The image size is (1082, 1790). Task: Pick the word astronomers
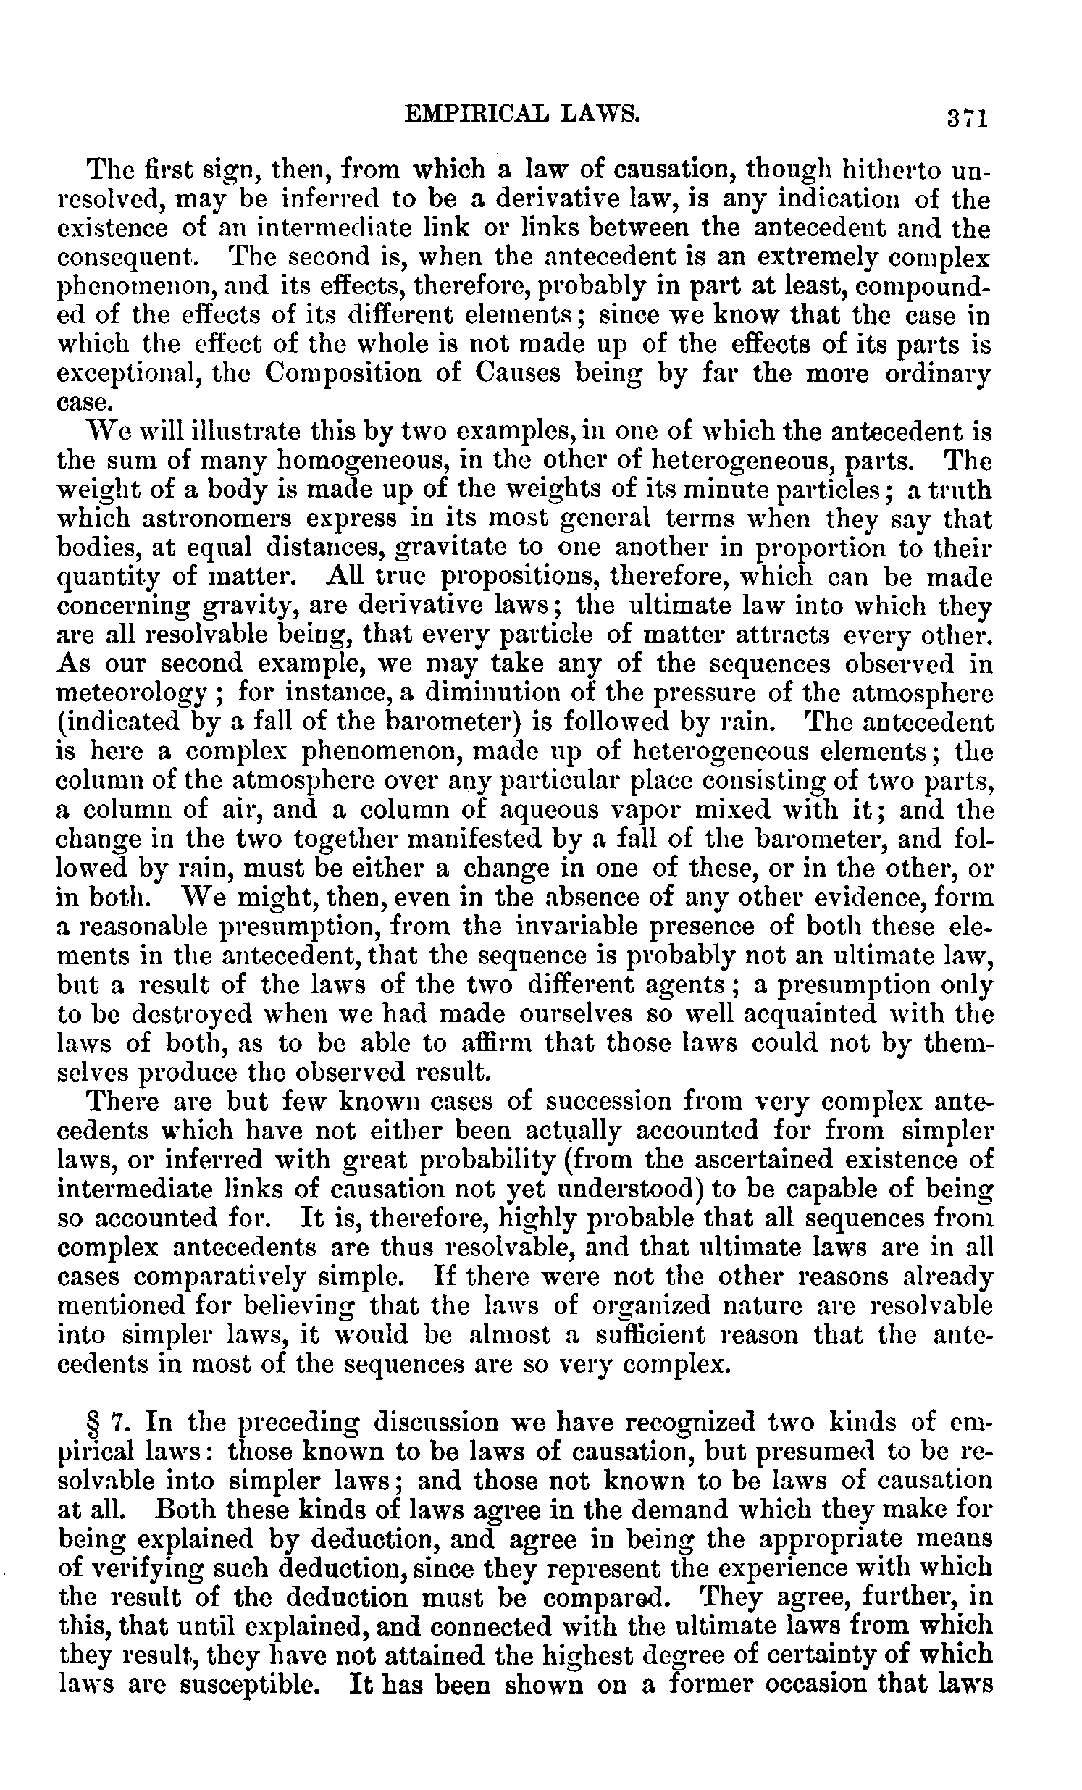click(x=183, y=519)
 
